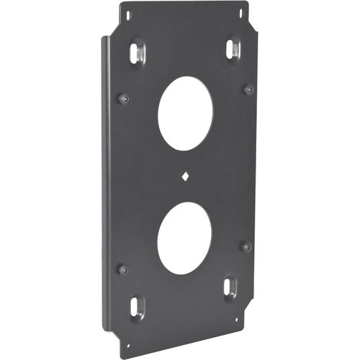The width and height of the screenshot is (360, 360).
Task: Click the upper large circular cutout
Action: tap(185, 113)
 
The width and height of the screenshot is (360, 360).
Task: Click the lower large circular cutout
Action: tap(184, 237)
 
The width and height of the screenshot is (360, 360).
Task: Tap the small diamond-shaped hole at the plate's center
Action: tap(185, 174)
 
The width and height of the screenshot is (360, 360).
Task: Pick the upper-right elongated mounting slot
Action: tap(232, 49)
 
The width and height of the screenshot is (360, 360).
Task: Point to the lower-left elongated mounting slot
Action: tap(136, 307)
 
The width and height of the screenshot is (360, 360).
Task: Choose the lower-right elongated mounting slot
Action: tap(229, 287)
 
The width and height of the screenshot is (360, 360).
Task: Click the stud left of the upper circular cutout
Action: tap(123, 97)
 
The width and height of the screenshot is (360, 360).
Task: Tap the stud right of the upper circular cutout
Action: tap(248, 89)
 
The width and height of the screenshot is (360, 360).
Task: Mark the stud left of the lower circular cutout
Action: tap(122, 269)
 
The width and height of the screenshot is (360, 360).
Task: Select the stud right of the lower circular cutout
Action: tap(246, 246)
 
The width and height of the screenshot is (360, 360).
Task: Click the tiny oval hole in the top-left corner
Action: tap(128, 14)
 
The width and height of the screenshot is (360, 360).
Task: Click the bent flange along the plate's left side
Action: tap(107, 180)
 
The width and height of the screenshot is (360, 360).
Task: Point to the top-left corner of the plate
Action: tap(120, 6)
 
